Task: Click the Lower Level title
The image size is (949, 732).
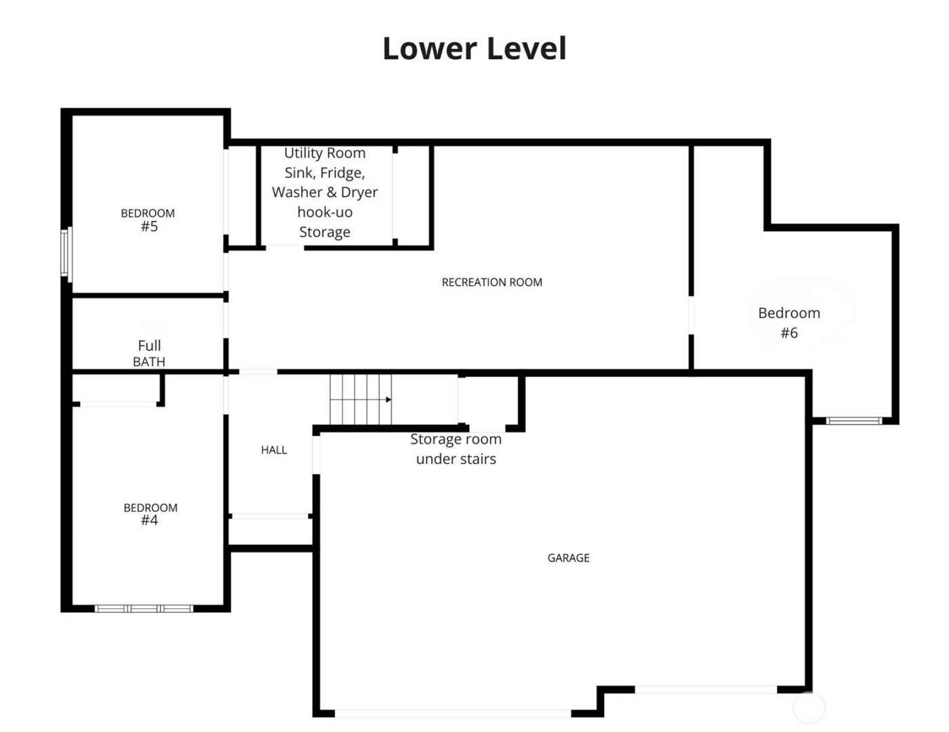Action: coord(474,49)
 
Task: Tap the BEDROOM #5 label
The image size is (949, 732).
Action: coord(148,220)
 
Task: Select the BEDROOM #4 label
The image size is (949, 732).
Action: coord(150,514)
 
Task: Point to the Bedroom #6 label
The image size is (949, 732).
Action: coord(789,322)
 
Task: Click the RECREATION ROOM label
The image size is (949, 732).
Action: coord(491,282)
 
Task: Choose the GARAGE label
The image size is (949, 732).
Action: coord(568,558)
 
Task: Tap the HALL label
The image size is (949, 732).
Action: coord(274,450)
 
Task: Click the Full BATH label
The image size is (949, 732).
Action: coord(149,353)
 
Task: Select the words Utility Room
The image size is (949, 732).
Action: coord(325,153)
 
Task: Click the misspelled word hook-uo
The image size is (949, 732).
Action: coord(325,212)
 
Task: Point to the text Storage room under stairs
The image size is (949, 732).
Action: coord(456,449)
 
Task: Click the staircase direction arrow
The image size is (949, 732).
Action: coord(388,400)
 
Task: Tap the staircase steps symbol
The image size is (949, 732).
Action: coord(359,400)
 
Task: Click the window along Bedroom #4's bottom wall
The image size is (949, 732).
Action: coord(144,609)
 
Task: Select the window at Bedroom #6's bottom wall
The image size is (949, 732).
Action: coord(853,421)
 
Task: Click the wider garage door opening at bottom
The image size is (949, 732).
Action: coord(453,713)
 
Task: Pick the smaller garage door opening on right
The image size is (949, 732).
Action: coord(706,689)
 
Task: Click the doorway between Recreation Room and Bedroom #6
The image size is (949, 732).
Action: coord(691,316)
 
